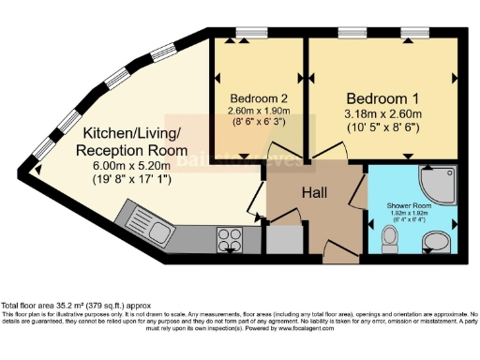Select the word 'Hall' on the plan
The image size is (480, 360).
pyautogui.click(x=312, y=192)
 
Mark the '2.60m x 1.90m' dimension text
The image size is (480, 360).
pyautogui.click(x=255, y=109)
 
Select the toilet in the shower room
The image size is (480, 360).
pyautogui.click(x=392, y=242)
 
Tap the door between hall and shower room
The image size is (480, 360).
pyautogui.click(x=360, y=194)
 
